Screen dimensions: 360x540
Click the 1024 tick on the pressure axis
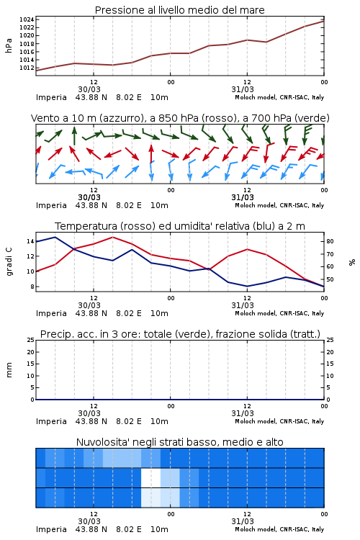click(x=27, y=19)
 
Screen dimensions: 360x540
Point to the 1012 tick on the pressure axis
click(x=27, y=68)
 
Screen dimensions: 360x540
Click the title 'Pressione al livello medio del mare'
click(x=180, y=10)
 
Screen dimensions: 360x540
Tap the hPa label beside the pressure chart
click(x=9, y=45)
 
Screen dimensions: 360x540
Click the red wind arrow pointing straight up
click(x=151, y=154)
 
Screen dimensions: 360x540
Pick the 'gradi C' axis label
click(x=9, y=262)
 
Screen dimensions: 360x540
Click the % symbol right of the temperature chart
click(x=352, y=262)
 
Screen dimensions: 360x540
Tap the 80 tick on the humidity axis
click(x=330, y=241)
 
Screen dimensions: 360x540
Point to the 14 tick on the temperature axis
click(x=30, y=241)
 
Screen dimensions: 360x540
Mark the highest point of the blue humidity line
click(x=55, y=237)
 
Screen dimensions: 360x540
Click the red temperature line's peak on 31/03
click(x=248, y=249)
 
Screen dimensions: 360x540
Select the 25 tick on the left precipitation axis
click(x=30, y=340)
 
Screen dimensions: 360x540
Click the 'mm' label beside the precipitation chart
click(x=9, y=370)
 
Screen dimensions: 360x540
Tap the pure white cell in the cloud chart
click(x=151, y=477)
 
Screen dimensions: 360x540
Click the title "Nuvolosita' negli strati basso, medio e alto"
click(x=180, y=442)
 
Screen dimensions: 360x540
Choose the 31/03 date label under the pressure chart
click(x=243, y=89)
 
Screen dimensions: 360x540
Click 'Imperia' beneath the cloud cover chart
click(x=51, y=529)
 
